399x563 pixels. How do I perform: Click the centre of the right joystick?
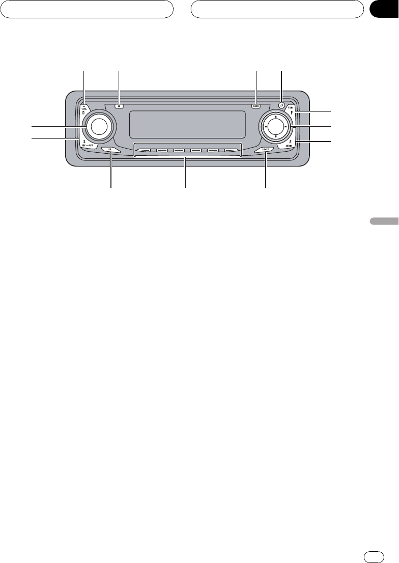tap(275, 127)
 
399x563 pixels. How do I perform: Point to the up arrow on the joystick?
tap(275, 117)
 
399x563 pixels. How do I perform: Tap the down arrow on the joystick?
tap(275, 136)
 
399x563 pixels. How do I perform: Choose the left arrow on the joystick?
tap(266, 127)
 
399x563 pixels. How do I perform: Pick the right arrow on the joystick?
tap(286, 127)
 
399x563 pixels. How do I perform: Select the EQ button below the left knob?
tap(110, 150)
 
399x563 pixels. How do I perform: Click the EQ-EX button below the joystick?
tap(265, 150)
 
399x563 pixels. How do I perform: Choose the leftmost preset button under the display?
tap(144, 151)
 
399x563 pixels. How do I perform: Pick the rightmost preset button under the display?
tap(232, 151)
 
